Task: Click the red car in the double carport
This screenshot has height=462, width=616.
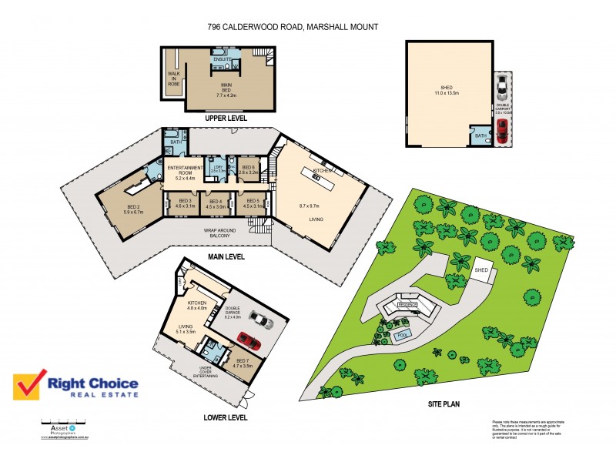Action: click(x=502, y=132)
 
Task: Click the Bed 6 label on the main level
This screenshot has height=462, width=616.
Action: click(x=248, y=170)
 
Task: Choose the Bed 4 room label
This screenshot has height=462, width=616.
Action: click(x=216, y=203)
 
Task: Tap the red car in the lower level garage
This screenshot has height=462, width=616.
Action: click(x=248, y=340)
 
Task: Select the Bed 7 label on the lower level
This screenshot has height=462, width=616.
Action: click(x=243, y=363)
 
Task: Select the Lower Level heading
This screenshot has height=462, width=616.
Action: click(x=225, y=417)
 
